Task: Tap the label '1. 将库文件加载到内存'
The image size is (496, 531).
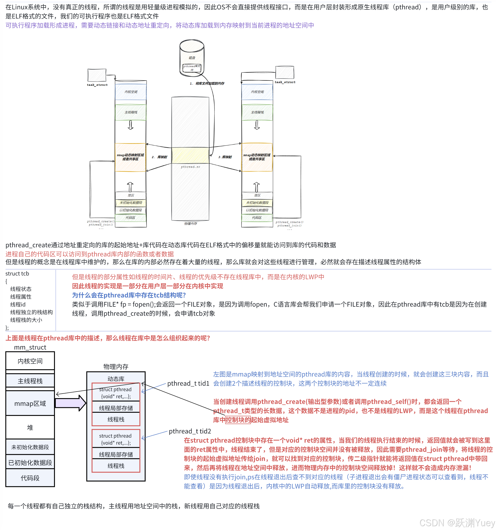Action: coord(207,83)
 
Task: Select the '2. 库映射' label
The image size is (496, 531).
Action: coord(159,157)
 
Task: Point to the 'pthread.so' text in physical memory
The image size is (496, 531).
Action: coord(190,167)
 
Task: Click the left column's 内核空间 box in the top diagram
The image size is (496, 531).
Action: coord(131,92)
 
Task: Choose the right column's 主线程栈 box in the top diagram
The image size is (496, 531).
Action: coord(257,112)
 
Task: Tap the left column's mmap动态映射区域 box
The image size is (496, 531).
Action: coord(130,157)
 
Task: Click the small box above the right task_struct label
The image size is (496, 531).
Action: coord(284,72)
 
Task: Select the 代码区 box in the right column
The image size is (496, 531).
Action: coord(257,218)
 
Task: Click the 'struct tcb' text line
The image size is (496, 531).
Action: coord(17,273)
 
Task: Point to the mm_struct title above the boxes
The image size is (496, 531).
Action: coord(30,347)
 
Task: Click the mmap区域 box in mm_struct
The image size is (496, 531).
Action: coord(30,403)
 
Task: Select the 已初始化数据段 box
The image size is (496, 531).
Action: coord(30,463)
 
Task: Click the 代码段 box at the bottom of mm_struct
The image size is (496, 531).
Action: coord(30,478)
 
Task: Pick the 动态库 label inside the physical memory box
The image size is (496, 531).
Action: coord(116,379)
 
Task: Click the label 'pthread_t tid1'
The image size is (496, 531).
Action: coord(188,383)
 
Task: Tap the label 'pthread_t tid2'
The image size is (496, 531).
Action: coord(190,431)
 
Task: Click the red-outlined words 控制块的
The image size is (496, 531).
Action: coord(238,420)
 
